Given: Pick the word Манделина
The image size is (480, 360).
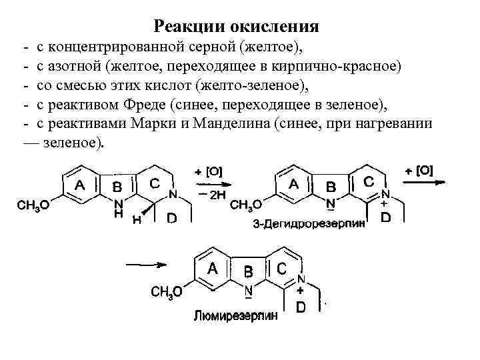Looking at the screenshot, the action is [x=277, y=123].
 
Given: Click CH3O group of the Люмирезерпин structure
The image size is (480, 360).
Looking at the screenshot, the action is [x=167, y=293].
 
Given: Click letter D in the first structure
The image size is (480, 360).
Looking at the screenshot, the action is [x=171, y=219].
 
